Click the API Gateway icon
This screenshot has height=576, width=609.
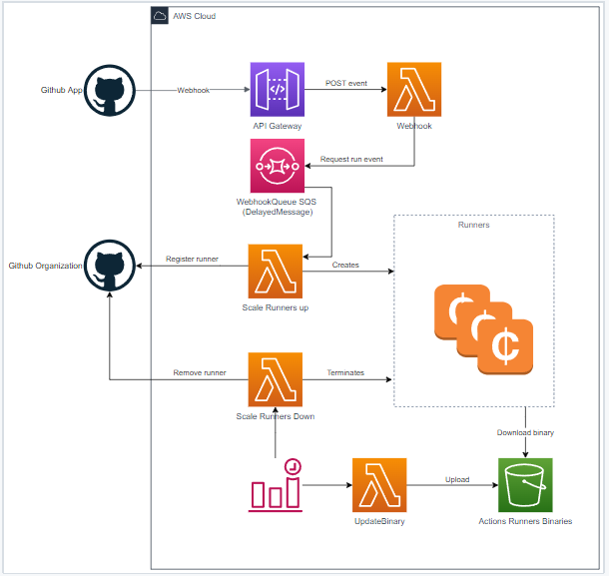tap(277, 90)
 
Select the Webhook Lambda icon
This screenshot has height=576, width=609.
tap(413, 90)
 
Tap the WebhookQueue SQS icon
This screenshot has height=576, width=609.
tap(277, 167)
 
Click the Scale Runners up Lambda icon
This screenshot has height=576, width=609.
tap(276, 271)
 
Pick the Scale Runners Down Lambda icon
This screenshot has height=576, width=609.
tap(276, 378)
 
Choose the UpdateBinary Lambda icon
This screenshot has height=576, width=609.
tap(379, 485)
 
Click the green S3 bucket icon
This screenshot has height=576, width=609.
tap(525, 485)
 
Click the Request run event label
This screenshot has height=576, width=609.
tap(350, 160)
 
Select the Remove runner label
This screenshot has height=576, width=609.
tap(198, 372)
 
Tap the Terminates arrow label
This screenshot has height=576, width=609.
tap(345, 372)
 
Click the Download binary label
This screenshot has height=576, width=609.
tap(525, 432)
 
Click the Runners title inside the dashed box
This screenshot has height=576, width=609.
tap(473, 225)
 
